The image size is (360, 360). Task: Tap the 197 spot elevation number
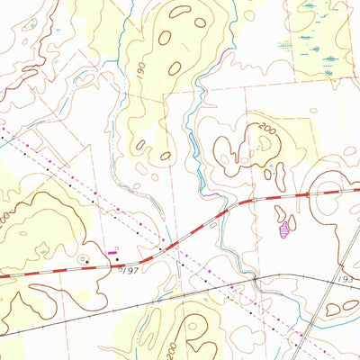point(130,269)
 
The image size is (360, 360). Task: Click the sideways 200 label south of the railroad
point(185,340)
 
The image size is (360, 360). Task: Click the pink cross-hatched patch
point(286,230)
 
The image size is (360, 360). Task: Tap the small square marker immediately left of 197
point(120,268)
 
